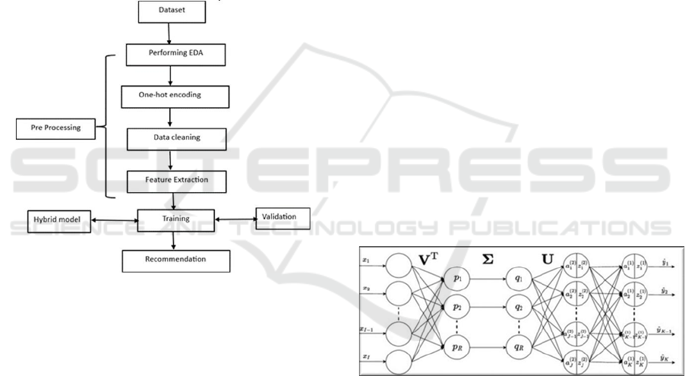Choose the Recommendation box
tap(175, 261)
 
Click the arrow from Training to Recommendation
tap(175, 239)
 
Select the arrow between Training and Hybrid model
tap(114, 220)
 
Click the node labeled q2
tap(518, 308)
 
